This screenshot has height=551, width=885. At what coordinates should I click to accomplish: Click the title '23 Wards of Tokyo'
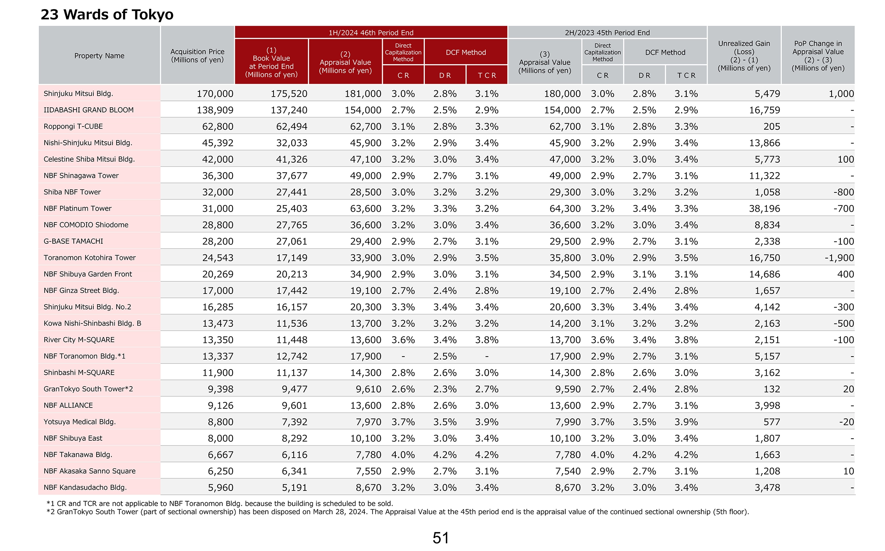(x=107, y=15)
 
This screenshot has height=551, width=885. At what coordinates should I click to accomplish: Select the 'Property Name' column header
(x=99, y=56)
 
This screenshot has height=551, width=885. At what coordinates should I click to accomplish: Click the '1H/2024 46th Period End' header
(x=371, y=32)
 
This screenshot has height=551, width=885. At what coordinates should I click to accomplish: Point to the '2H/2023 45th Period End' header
(x=607, y=32)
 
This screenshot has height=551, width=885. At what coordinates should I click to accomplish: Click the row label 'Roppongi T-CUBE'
(x=73, y=127)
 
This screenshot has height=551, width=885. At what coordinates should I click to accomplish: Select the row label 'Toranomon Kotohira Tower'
(x=90, y=258)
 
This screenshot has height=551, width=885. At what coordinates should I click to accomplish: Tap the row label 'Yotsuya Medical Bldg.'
(x=80, y=422)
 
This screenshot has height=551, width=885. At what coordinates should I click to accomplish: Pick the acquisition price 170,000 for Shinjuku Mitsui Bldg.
(x=215, y=94)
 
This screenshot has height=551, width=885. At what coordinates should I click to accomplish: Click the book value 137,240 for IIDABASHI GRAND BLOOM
(x=289, y=110)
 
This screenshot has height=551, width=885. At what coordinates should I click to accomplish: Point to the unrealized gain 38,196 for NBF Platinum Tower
(x=764, y=209)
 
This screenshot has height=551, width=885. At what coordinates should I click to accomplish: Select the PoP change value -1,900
(x=839, y=258)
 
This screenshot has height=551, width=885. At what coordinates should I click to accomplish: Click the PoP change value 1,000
(x=841, y=94)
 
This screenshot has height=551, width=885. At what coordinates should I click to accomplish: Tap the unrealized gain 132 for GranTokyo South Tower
(x=772, y=389)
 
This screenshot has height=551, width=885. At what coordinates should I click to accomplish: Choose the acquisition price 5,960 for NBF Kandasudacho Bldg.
(x=221, y=488)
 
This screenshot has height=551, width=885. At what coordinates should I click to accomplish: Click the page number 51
(x=441, y=538)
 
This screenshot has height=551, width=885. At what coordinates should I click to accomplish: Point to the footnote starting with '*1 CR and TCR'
(x=220, y=504)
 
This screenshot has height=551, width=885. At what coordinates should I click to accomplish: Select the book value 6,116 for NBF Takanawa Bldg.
(x=295, y=455)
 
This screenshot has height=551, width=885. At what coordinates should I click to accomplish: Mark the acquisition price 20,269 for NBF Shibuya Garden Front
(x=218, y=274)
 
